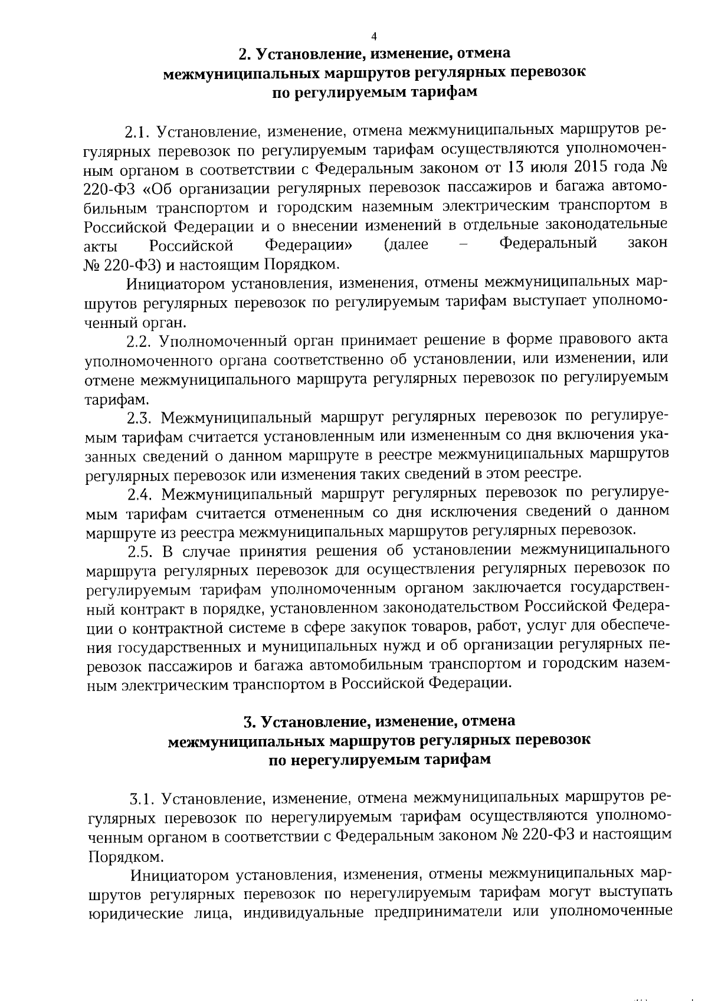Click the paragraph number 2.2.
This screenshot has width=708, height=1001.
click(x=140, y=340)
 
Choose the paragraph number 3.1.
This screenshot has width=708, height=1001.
click(x=143, y=799)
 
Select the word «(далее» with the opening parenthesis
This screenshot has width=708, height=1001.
click(x=405, y=244)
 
